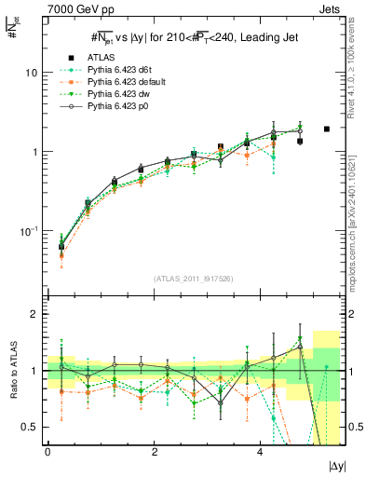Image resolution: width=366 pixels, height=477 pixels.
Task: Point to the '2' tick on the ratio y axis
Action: tap(35, 314)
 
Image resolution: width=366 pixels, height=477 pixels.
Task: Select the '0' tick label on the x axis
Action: tap(47, 451)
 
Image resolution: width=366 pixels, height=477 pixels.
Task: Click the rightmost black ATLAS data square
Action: tap(326, 129)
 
